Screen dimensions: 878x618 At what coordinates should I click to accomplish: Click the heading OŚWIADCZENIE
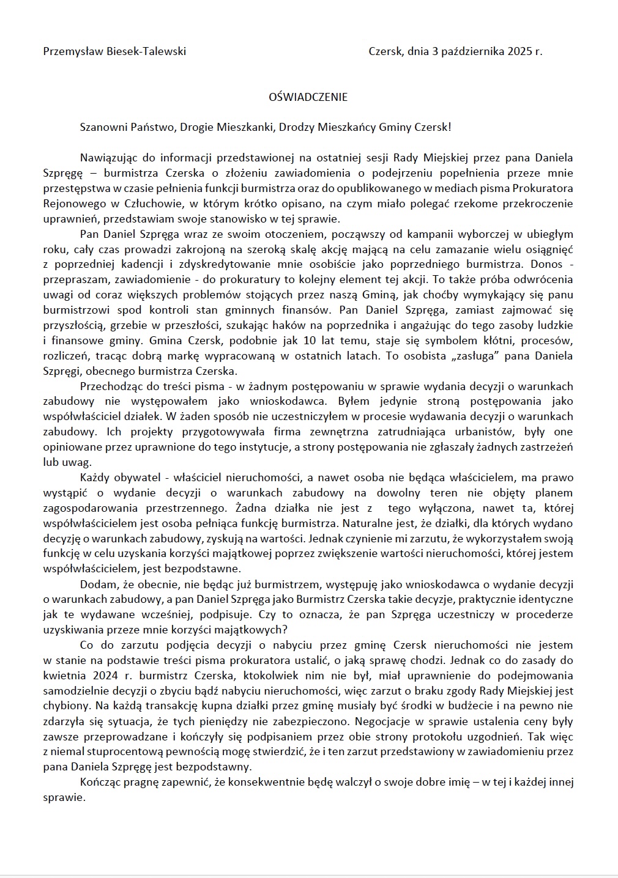point(308,97)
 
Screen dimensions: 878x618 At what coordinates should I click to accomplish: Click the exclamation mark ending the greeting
point(450,128)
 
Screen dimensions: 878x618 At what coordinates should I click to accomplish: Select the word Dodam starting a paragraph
point(96,584)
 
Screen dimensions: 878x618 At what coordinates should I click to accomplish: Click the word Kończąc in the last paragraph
point(99,782)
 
